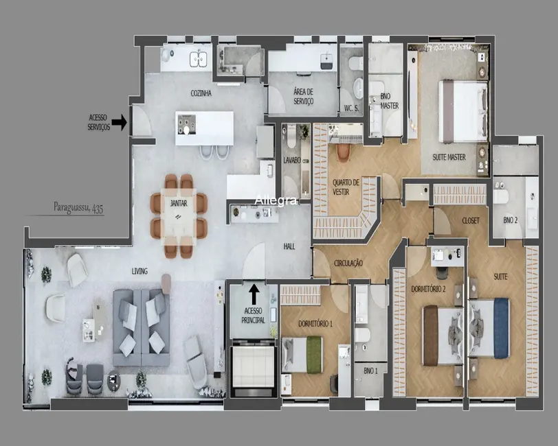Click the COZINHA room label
(x=201, y=93)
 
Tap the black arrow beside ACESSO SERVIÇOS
(x=120, y=123)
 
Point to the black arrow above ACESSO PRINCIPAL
(x=254, y=294)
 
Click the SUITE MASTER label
(x=449, y=157)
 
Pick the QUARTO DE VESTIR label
(x=346, y=187)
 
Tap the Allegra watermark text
(x=276, y=200)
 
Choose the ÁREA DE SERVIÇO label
(x=303, y=96)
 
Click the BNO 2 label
(x=510, y=220)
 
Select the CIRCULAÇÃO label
(x=348, y=263)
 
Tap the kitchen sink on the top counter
(x=199, y=59)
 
